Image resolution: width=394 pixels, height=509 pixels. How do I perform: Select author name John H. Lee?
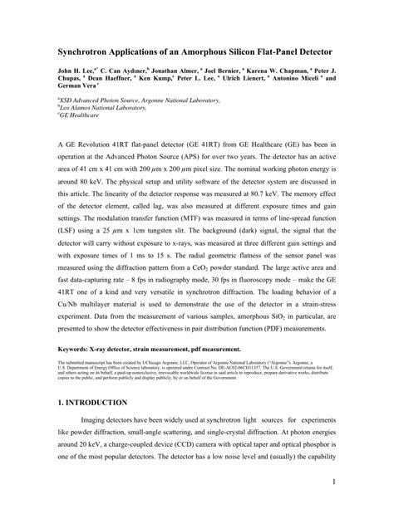tap(76, 74)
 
